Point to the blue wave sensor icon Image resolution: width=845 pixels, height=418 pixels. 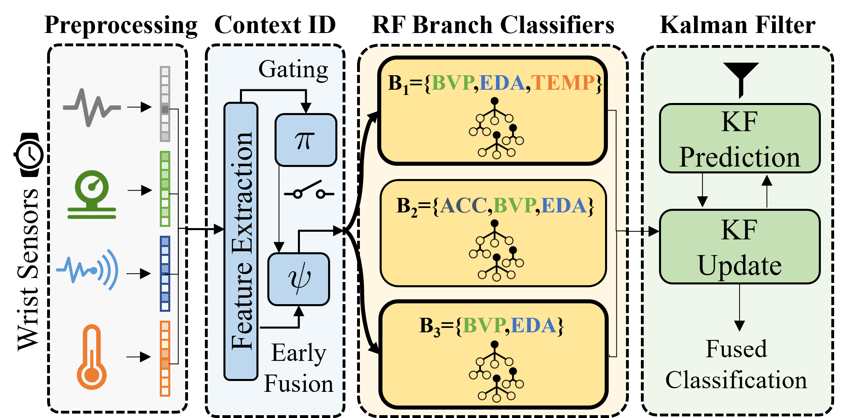point(88,270)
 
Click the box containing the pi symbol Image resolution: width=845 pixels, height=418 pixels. point(306,140)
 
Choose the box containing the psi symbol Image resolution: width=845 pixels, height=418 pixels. point(299,279)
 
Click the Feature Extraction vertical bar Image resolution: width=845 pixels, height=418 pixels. point(241,241)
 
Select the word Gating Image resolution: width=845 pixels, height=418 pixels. point(293,69)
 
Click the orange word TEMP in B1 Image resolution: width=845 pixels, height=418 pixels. point(563,83)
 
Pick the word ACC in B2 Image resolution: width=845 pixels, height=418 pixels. point(464,206)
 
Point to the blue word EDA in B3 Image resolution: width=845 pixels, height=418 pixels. point(534,325)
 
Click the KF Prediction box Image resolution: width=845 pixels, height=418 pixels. point(740,138)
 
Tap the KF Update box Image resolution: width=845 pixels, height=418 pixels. point(740,247)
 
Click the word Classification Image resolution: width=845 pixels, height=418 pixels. point(736,380)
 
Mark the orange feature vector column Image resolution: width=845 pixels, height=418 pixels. point(165,358)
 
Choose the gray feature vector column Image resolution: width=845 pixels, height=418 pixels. point(165,104)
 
